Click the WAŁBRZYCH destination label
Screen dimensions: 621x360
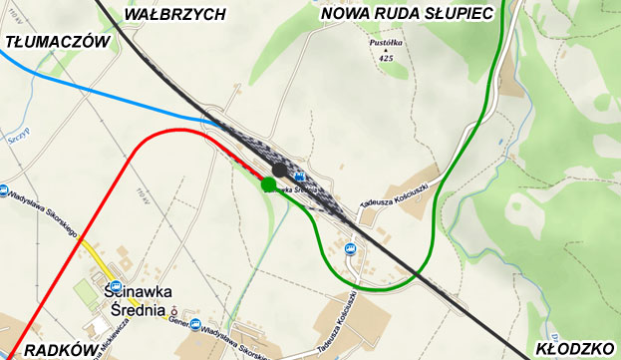(174, 14)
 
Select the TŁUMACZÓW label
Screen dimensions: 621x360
(56, 42)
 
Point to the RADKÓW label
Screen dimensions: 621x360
(60, 349)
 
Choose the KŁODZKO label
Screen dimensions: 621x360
(574, 348)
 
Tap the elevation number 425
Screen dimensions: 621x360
(385, 59)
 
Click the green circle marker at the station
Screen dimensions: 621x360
(268, 184)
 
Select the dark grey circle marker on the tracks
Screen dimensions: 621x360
(280, 172)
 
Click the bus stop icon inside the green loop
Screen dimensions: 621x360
(350, 248)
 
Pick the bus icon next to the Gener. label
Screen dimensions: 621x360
(195, 324)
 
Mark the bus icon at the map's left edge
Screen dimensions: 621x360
(5, 190)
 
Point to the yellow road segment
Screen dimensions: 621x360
(95, 255)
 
